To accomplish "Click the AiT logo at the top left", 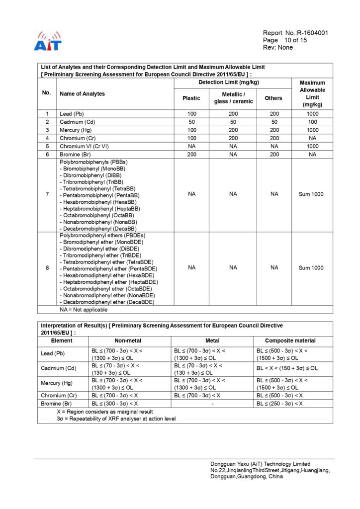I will click(47, 41).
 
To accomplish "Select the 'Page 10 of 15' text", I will click(285, 40).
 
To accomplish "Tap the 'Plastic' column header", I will click(191, 98).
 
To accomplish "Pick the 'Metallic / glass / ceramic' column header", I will click(233, 98).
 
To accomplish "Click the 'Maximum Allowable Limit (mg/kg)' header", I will click(312, 94).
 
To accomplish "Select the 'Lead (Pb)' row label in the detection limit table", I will click(72, 114).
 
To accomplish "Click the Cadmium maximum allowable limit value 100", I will click(312, 122).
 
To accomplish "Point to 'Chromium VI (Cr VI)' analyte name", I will click(84, 146).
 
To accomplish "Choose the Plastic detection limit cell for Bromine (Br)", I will click(191, 154).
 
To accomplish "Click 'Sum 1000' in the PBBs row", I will click(311, 194).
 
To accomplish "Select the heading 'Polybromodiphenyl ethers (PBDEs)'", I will click(102, 235).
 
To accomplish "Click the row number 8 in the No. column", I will click(47, 268).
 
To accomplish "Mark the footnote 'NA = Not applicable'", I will click(84, 309).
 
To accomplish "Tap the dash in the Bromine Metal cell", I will click(212, 404).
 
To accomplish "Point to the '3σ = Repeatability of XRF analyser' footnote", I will click(116, 419).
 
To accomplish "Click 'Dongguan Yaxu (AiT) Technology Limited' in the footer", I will click(260, 464).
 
